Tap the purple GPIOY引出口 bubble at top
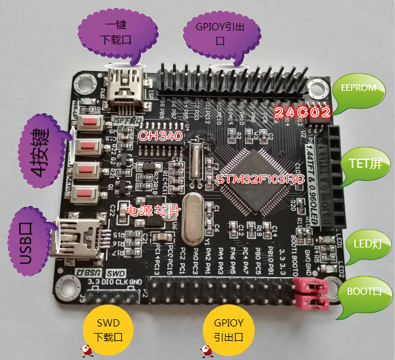click(x=221, y=32)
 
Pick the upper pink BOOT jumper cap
click(x=313, y=285)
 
